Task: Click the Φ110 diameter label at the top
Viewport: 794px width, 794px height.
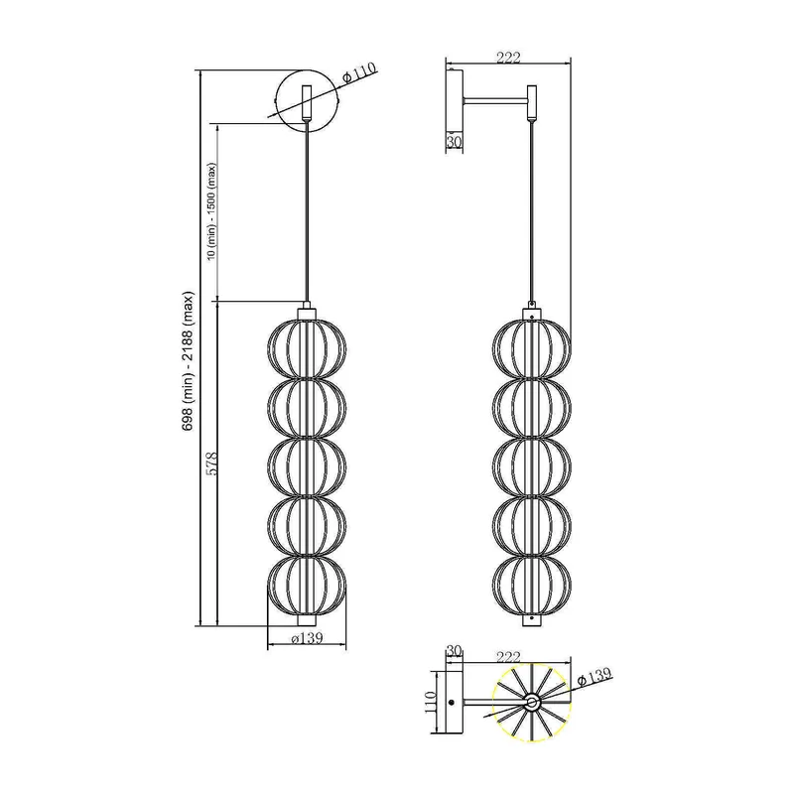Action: click(360, 72)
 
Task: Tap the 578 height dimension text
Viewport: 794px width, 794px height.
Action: click(212, 463)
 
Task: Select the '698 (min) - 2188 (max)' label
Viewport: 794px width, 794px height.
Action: click(189, 361)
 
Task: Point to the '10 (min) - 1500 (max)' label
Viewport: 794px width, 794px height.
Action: click(212, 211)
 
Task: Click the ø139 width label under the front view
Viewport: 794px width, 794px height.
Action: click(307, 638)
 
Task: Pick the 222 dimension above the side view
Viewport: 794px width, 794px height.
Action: click(508, 58)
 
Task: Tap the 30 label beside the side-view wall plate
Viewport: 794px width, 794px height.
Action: click(455, 143)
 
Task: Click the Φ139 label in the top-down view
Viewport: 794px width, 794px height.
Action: click(595, 677)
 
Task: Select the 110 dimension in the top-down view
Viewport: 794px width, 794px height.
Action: click(430, 702)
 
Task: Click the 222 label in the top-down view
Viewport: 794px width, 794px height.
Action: click(508, 657)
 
